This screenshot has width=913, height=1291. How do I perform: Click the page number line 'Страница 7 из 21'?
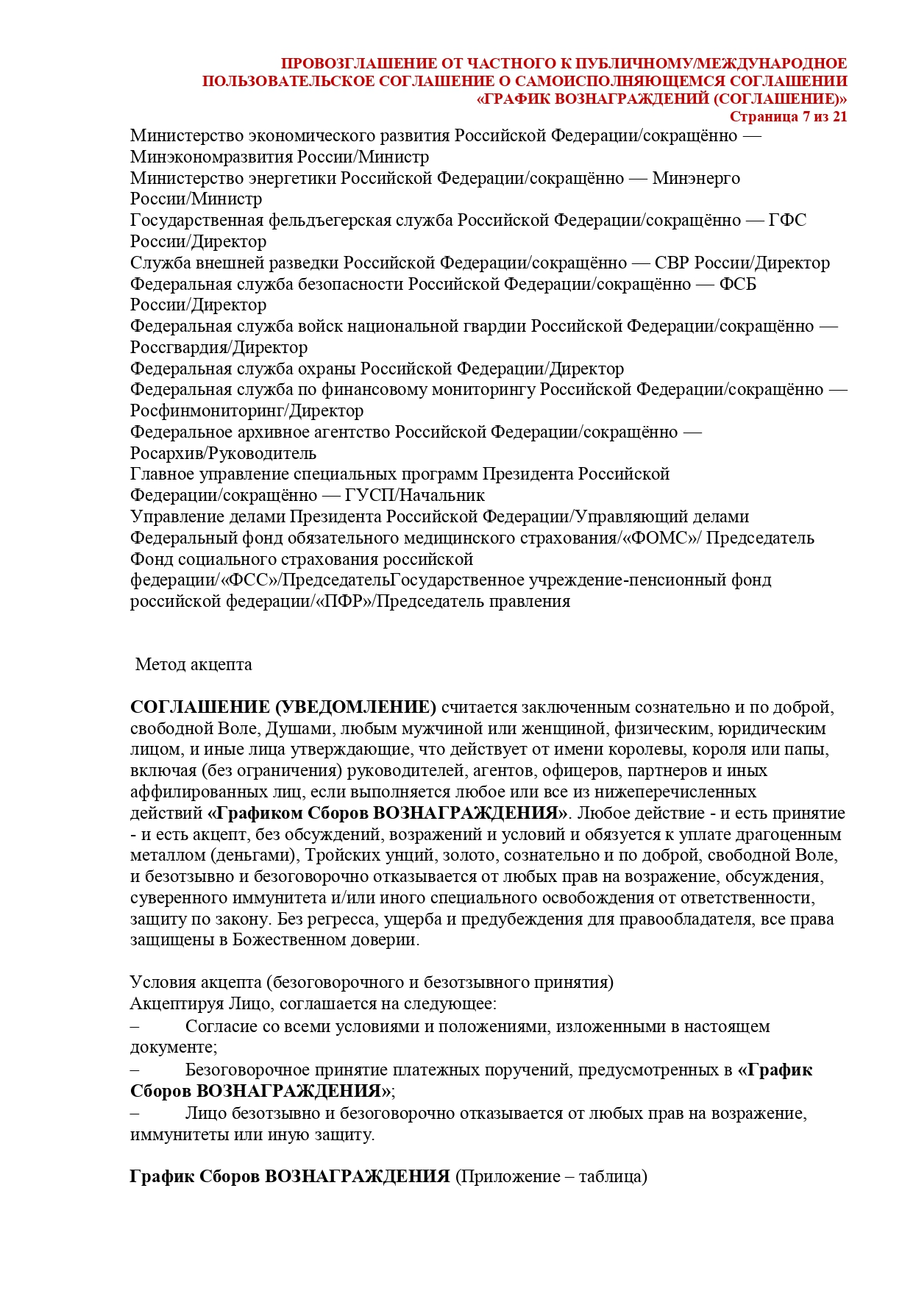coord(788,116)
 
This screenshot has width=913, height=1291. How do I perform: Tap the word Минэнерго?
coord(696,178)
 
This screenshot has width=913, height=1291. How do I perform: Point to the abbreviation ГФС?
coord(787,220)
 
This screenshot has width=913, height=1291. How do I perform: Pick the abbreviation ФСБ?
coord(738,284)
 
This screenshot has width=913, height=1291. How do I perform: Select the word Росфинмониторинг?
coord(206,410)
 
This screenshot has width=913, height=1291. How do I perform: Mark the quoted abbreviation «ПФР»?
coord(344,601)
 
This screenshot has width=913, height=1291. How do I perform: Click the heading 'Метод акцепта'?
coord(193,664)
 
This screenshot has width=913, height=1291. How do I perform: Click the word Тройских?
coord(341,856)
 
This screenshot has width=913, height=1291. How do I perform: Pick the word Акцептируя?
coord(177,1003)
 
